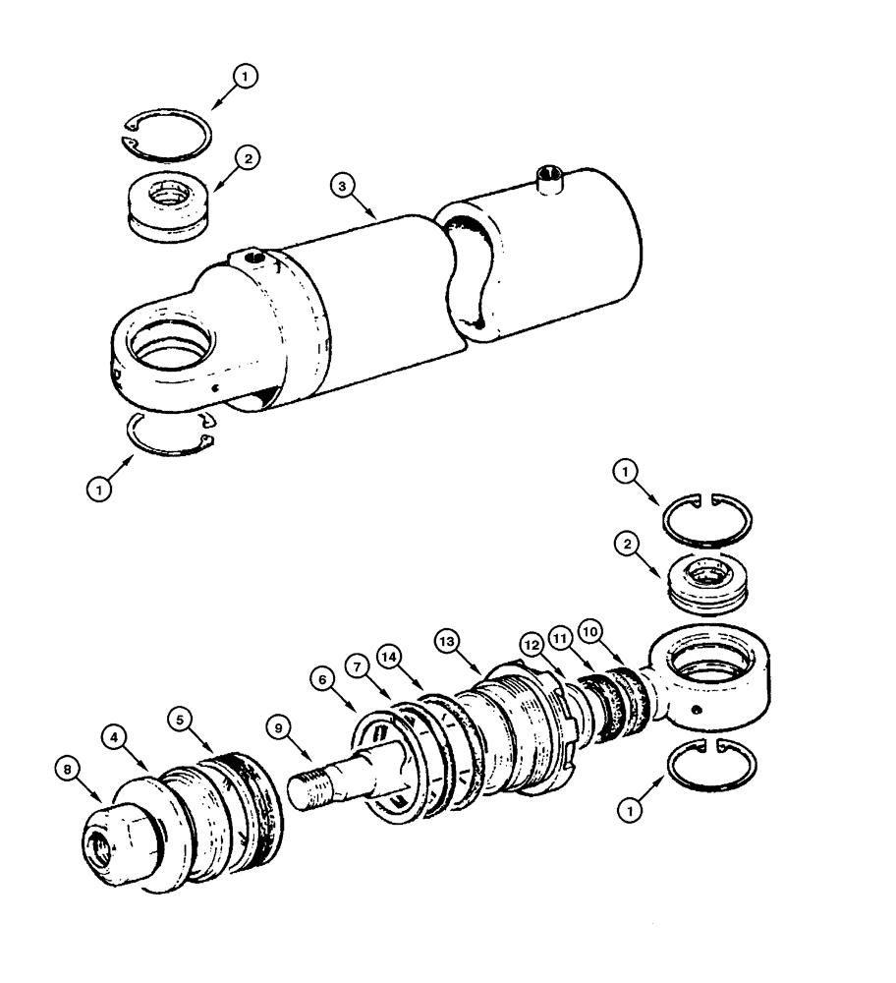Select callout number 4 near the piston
click(x=117, y=736)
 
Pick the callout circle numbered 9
click(x=278, y=728)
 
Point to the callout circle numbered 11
click(x=560, y=637)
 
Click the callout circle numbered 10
click(x=590, y=628)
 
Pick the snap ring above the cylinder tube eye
click(x=166, y=133)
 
